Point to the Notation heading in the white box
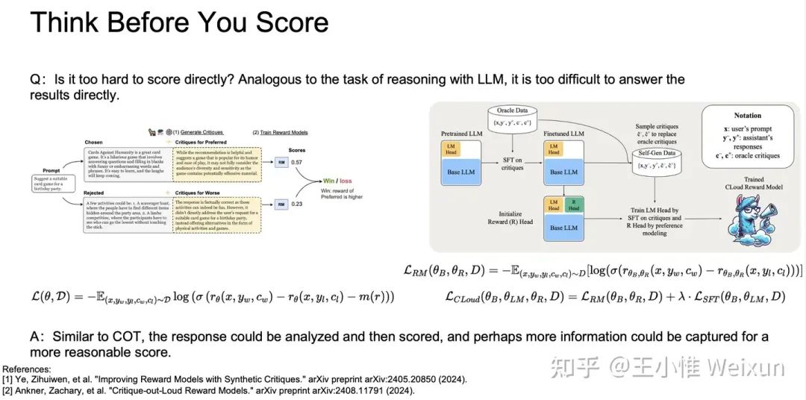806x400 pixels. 747,116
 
